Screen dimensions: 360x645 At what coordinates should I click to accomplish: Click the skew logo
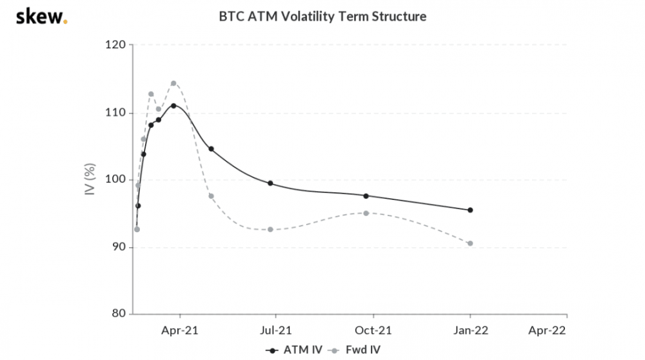[x=41, y=16]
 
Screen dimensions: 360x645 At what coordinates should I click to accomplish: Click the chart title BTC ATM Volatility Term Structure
[x=322, y=16]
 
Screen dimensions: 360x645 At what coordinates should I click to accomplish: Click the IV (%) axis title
[x=90, y=180]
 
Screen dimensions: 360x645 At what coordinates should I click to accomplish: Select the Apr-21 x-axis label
[x=180, y=331]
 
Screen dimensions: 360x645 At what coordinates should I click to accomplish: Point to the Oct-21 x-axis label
[x=373, y=331]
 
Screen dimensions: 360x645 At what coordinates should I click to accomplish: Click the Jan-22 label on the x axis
[x=470, y=331]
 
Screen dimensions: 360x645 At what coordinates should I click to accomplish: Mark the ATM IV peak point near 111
[x=174, y=106]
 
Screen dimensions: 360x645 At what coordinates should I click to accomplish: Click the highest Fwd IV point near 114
[x=174, y=83]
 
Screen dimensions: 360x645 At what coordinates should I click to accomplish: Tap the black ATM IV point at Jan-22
[x=470, y=210]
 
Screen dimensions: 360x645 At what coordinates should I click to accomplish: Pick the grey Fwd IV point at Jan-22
[x=470, y=243]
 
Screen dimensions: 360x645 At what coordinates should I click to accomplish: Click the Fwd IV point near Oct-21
[x=366, y=213]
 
